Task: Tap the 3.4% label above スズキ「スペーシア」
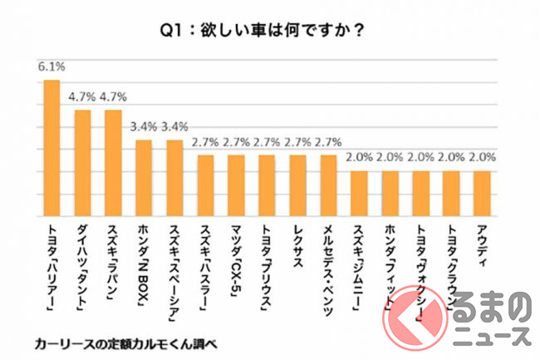coord(174,127)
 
